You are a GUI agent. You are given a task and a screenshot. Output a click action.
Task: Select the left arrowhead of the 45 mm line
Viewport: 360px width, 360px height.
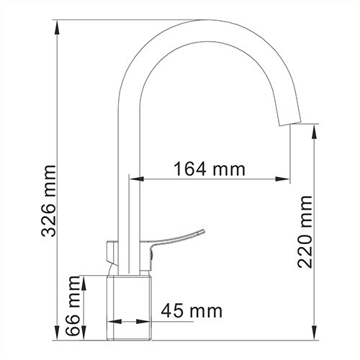(x=112, y=323)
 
